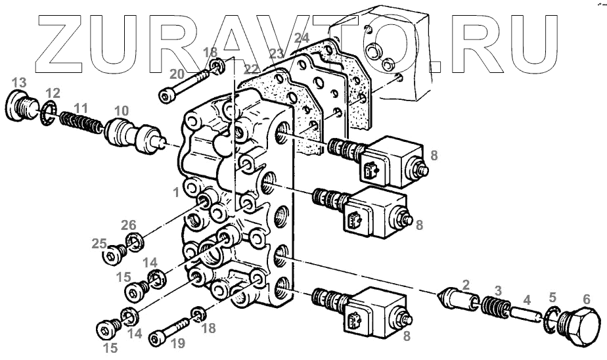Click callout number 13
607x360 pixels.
pyautogui.click(x=19, y=83)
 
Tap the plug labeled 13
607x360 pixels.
pyautogui.click(x=24, y=106)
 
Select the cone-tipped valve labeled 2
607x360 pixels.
pyautogui.click(x=457, y=299)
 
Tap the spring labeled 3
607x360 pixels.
pyautogui.click(x=498, y=307)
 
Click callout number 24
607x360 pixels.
pyautogui.click(x=302, y=39)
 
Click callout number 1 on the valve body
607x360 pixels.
pyautogui.click(x=175, y=192)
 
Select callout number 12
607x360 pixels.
pyautogui.click(x=52, y=93)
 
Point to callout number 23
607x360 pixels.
pyautogui.click(x=277, y=53)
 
